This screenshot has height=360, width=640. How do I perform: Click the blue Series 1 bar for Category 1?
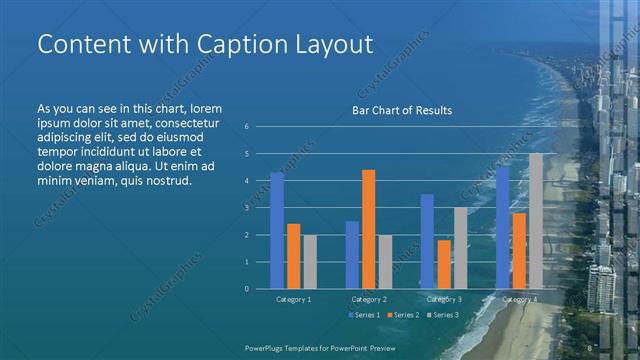[x=277, y=230]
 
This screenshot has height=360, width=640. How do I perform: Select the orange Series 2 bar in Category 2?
[x=369, y=229]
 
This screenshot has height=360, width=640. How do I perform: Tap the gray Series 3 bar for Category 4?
[x=536, y=220]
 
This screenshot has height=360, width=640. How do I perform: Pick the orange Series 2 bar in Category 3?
[x=444, y=264]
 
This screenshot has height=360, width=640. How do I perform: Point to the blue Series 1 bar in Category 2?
[x=352, y=254]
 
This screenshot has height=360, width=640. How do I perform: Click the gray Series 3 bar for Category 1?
[x=310, y=261]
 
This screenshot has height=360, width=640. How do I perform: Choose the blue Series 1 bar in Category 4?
[x=502, y=227]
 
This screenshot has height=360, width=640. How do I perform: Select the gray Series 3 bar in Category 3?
[x=460, y=247]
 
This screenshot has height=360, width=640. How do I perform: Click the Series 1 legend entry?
[x=364, y=315]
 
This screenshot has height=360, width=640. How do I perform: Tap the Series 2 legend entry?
[x=402, y=315]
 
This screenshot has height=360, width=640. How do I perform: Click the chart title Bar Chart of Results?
[x=402, y=110]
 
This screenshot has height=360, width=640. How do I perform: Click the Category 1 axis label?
[x=294, y=299]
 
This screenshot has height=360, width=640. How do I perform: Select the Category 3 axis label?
[x=444, y=299]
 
